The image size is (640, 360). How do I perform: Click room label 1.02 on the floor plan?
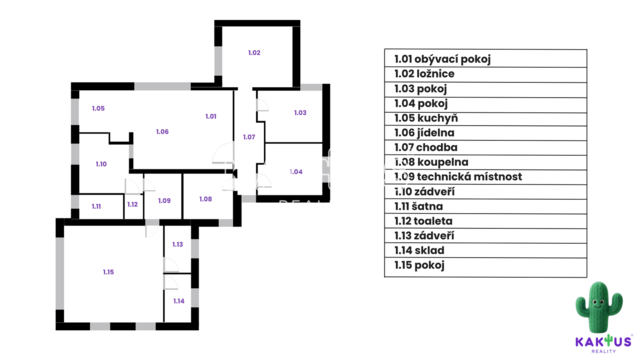(x=254, y=53)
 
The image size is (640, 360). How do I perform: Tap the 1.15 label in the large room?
(x=108, y=272)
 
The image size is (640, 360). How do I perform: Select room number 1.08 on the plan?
(x=205, y=199)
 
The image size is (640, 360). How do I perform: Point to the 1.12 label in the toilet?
(x=132, y=204)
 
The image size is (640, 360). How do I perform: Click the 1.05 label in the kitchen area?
(x=98, y=108)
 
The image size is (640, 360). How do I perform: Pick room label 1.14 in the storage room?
(x=179, y=301)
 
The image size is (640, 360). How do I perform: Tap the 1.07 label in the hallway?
(x=249, y=137)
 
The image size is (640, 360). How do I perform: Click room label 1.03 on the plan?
(x=300, y=113)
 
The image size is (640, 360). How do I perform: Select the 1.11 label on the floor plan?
(x=96, y=207)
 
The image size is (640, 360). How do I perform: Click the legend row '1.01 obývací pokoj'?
(x=442, y=59)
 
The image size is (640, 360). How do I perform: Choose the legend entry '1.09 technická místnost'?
(x=458, y=177)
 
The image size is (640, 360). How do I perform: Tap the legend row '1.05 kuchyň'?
(x=426, y=118)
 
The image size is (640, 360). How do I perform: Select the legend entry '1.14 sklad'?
(x=419, y=250)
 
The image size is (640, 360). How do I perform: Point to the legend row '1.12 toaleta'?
(x=423, y=221)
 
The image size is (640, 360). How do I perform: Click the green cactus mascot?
(x=599, y=307)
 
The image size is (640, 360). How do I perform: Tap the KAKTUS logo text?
(x=604, y=341)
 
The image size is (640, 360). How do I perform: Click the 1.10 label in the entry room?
(x=101, y=164)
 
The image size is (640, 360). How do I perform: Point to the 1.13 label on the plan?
(x=178, y=244)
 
